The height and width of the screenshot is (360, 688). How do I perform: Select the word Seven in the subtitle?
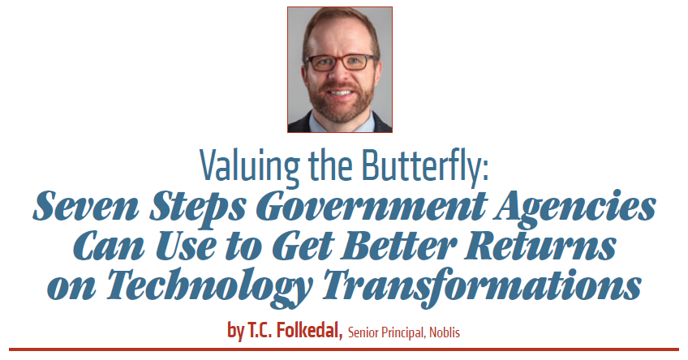(x=85, y=206)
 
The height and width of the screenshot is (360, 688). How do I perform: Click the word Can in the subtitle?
(x=108, y=246)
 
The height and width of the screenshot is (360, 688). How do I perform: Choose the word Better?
(x=398, y=246)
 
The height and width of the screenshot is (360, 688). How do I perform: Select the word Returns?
(x=540, y=246)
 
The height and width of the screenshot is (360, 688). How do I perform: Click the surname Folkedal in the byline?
(x=308, y=330)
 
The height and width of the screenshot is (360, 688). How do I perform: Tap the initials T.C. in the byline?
(x=260, y=330)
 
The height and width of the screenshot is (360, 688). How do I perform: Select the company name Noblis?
(x=445, y=332)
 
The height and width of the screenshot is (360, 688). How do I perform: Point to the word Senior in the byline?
(x=363, y=332)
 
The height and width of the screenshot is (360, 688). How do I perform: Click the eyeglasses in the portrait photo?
(x=341, y=62)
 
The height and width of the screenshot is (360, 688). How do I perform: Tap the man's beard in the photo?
(x=340, y=101)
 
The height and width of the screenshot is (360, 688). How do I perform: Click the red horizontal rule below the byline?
(x=344, y=349)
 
